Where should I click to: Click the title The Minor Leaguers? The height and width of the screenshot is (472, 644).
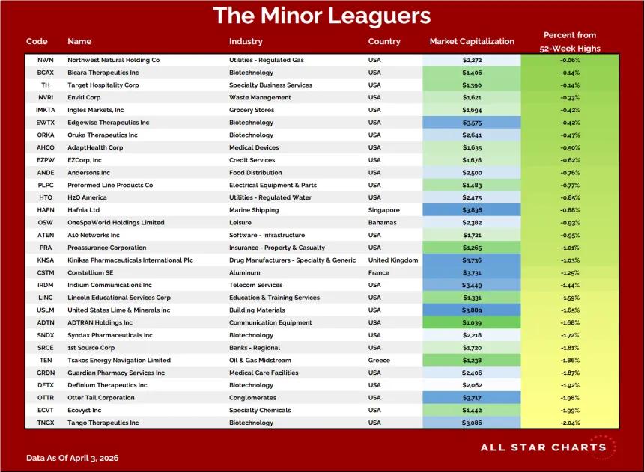point(322,16)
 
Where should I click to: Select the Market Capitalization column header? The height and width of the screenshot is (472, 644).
point(472,41)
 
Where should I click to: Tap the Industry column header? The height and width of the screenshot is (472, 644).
point(246,41)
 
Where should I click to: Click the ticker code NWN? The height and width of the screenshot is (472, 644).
point(45,60)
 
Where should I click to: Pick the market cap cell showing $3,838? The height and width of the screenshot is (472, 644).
point(472,210)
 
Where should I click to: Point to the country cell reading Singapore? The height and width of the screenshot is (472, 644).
point(383,210)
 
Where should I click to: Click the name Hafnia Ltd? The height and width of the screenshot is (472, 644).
point(83,210)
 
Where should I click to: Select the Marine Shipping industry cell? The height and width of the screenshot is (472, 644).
point(254,210)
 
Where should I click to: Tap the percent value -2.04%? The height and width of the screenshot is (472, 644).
point(570,423)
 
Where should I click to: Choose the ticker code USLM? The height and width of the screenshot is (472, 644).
point(45,310)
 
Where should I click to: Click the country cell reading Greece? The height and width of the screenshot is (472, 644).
point(379,361)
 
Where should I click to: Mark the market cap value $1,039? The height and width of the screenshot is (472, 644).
point(472,323)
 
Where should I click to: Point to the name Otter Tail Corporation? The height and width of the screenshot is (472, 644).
point(100,398)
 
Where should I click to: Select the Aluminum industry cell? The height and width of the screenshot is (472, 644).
point(244,272)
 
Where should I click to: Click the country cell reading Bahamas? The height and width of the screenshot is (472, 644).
point(382,222)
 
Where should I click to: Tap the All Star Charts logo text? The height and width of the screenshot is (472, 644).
point(543,447)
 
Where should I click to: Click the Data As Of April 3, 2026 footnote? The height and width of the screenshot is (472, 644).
point(73,458)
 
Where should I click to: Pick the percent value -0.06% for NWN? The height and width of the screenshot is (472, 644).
point(570,60)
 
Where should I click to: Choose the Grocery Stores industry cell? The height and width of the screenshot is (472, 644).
point(252,110)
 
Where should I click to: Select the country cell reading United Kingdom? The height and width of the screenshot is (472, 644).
point(392,260)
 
